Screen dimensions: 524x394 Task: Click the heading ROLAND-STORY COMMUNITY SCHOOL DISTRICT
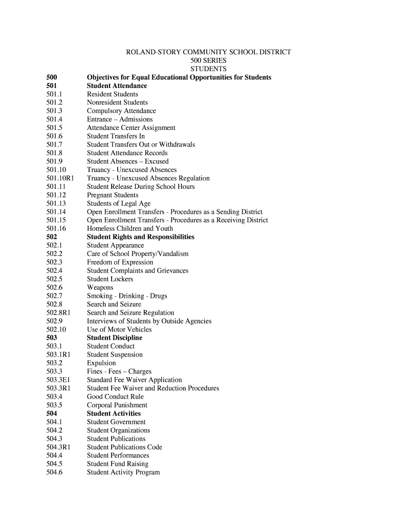pyautogui.click(x=208, y=52)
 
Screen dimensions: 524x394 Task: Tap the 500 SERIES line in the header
pyautogui.click(x=208, y=60)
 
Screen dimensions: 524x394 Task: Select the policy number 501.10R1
pyautogui.click(x=60, y=178)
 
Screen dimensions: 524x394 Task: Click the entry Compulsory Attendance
pyautogui.click(x=121, y=111)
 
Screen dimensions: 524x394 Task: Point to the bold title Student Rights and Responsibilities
pyautogui.click(x=140, y=237)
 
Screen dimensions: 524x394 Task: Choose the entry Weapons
pyautogui.click(x=100, y=288)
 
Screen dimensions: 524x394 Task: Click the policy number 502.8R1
pyautogui.click(x=59, y=313)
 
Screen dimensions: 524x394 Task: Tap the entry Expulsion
pyautogui.click(x=101, y=363)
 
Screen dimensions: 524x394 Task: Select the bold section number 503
pyautogui.click(x=52, y=338)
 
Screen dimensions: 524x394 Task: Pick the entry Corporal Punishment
pyautogui.click(x=117, y=405)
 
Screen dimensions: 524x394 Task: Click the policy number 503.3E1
pyautogui.click(x=58, y=380)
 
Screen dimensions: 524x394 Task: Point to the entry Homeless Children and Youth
pyautogui.click(x=130, y=229)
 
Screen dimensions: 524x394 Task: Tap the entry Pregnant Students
pyautogui.click(x=113, y=195)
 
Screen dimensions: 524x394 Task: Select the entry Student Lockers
pyautogui.click(x=110, y=279)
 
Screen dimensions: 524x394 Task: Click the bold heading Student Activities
pyautogui.click(x=114, y=413)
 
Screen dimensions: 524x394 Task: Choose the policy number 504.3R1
pyautogui.click(x=58, y=447)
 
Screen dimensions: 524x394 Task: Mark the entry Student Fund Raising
pyautogui.click(x=118, y=464)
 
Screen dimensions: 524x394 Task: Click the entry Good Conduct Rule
pyautogui.click(x=115, y=397)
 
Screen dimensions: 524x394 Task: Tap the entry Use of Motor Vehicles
pyautogui.click(x=119, y=330)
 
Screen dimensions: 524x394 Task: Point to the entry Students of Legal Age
pyautogui.click(x=119, y=204)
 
